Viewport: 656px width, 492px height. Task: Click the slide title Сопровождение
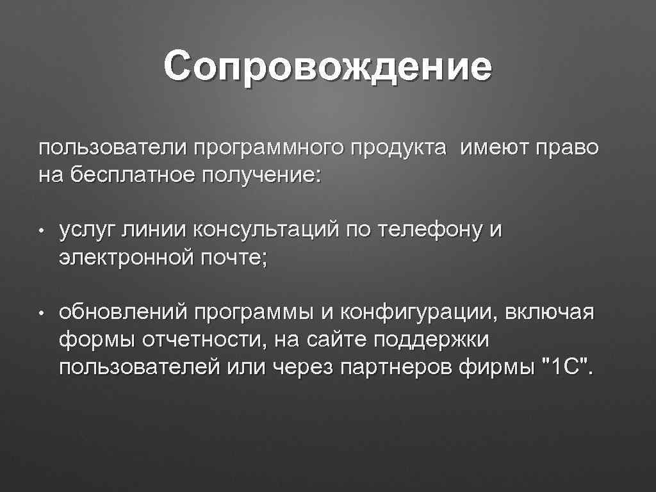click(327, 69)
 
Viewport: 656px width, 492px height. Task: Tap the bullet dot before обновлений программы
click(40, 315)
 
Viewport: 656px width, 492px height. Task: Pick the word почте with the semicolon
click(234, 256)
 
